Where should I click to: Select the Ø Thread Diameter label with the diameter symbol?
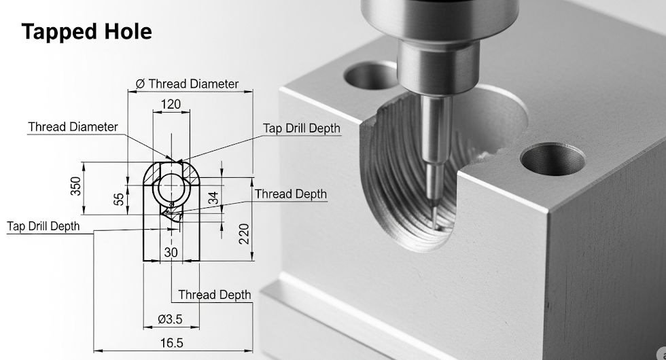point(188,84)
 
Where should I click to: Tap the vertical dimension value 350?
point(75,186)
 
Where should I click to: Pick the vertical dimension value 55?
point(120,199)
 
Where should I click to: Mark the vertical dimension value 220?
point(244,234)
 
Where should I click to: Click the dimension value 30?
point(171,252)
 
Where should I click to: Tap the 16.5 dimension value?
point(171,344)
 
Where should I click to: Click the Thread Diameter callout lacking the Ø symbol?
point(73,127)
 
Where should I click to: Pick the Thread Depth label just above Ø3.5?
point(214,295)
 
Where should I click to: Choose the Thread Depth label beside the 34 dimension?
point(290,194)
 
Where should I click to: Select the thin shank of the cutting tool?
point(431,183)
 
